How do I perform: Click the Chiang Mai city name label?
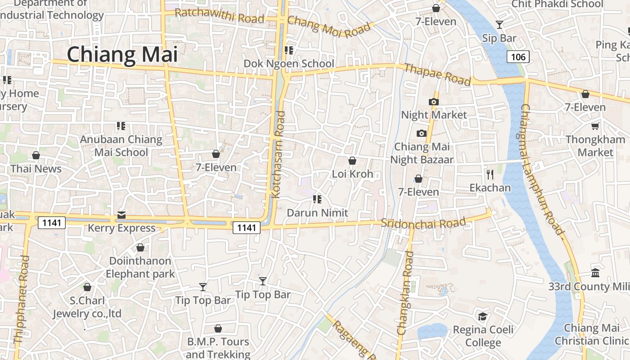pos(122,54)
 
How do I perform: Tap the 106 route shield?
pos(518,57)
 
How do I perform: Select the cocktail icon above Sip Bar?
pos(499,24)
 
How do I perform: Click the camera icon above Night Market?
pos(434,102)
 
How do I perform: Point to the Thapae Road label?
pos(437,74)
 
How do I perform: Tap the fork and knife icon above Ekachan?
pos(490,174)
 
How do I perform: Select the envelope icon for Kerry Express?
pos(121,215)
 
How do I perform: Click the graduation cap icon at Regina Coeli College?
pos(482,316)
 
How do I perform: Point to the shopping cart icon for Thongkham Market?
pos(595,126)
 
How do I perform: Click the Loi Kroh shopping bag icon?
pos(352,161)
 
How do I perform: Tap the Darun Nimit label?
pos(318,212)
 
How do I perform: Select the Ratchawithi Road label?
pos(219,16)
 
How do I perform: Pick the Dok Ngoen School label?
pos(289,63)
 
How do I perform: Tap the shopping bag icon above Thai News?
pos(36,155)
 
